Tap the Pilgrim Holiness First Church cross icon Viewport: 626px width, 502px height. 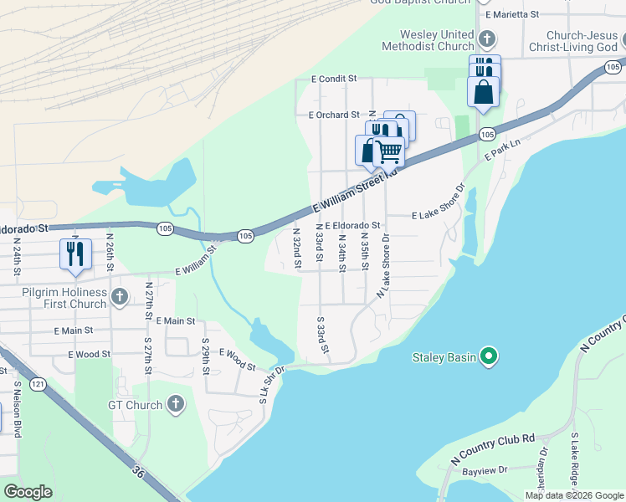point(120,297)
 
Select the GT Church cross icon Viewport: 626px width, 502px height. point(175,405)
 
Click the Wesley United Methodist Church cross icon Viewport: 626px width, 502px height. point(487,39)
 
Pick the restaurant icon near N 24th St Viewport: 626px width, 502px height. point(75,254)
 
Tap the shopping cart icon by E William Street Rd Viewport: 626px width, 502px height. point(390,151)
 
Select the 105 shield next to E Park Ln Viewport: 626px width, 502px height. point(487,135)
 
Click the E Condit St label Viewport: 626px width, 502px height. point(333,79)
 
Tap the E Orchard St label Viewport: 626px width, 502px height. point(333,115)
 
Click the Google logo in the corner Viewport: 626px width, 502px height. point(28,491)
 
